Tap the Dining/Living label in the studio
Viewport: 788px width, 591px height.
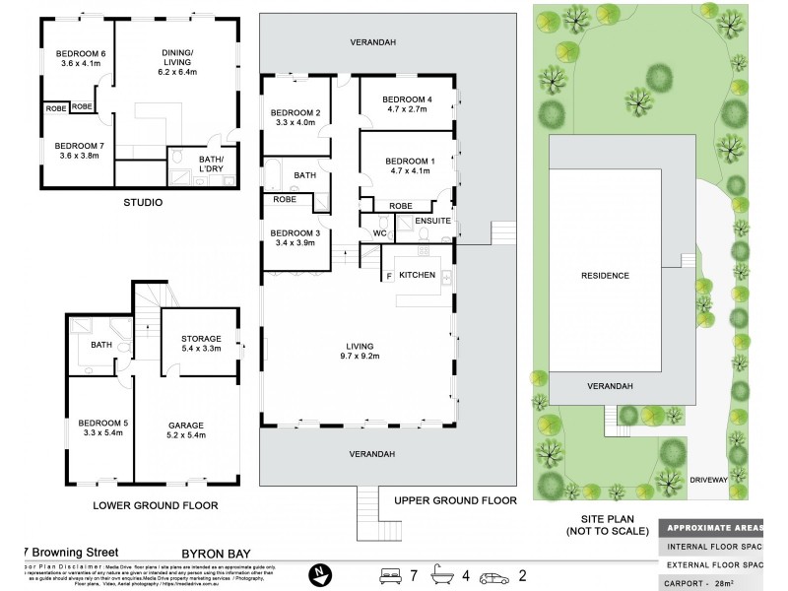pyautogui.click(x=178, y=59)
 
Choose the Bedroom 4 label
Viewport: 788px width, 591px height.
pyautogui.click(x=407, y=99)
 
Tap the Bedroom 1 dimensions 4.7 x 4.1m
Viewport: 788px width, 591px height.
pyautogui.click(x=407, y=171)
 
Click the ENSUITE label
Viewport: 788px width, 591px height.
pyautogui.click(x=432, y=222)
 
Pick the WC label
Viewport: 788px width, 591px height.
pyautogui.click(x=378, y=233)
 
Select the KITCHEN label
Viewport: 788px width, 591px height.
pyautogui.click(x=418, y=275)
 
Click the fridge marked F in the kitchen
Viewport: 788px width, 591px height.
pyautogui.click(x=388, y=275)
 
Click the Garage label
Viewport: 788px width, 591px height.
pyautogui.click(x=185, y=425)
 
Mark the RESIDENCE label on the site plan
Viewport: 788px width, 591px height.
pyautogui.click(x=604, y=276)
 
